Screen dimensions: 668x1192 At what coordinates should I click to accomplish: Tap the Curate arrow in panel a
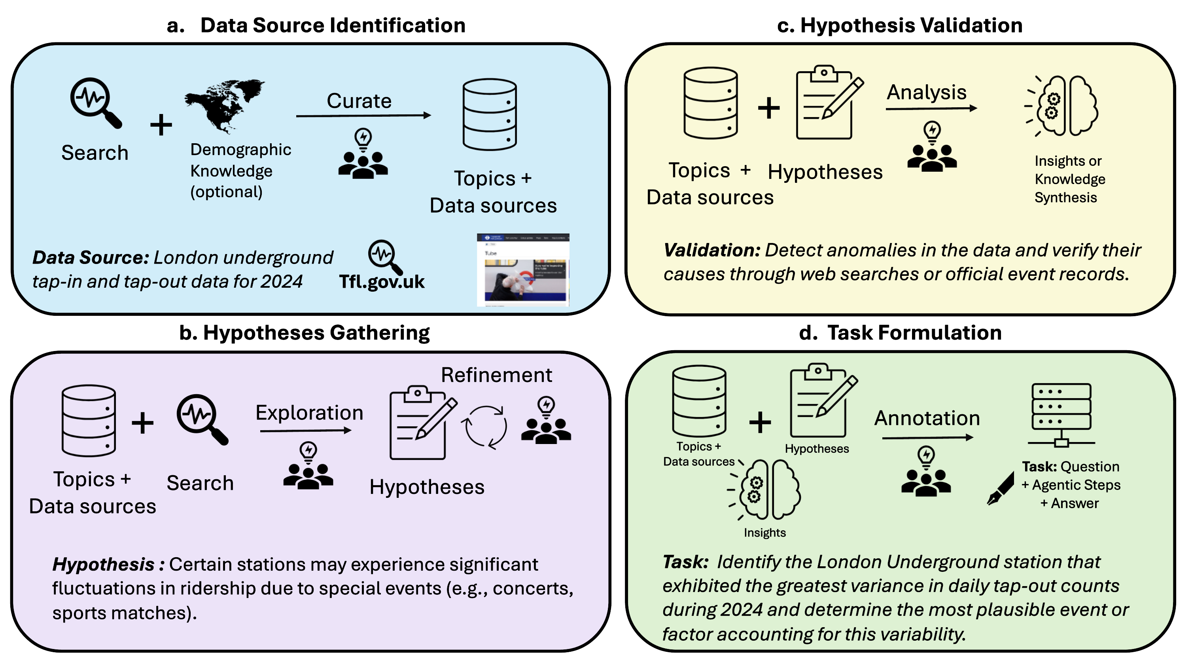pos(363,116)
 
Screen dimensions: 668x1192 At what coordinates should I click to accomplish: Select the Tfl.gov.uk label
pos(382,281)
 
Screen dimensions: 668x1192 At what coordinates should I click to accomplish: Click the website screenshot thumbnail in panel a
pos(523,270)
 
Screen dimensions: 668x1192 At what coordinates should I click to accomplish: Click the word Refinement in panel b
pos(496,375)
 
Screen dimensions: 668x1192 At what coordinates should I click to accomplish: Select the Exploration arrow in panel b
pos(305,431)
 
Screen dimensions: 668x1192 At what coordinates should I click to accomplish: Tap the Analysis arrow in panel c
pos(931,109)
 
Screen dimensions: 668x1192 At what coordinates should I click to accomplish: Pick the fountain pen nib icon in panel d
pos(1001,489)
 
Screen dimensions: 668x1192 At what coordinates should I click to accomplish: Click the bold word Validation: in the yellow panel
pos(712,250)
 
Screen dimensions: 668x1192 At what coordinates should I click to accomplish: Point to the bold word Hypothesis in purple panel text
pos(103,564)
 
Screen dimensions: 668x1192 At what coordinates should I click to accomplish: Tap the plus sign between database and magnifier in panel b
pos(142,423)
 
